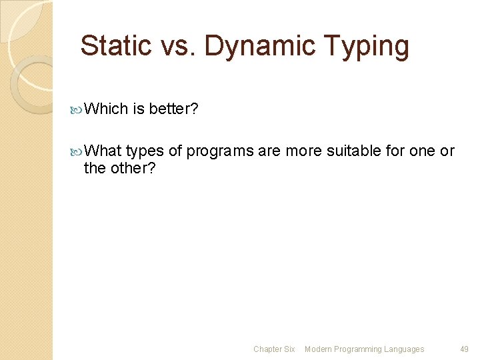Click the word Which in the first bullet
[x=106, y=109]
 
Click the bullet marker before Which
[x=76, y=109]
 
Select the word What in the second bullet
[x=103, y=151]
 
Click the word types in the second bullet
[x=144, y=151]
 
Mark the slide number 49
[x=464, y=349]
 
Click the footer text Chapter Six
[x=273, y=349]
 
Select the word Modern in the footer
[x=319, y=349]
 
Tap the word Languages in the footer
[x=404, y=349]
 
